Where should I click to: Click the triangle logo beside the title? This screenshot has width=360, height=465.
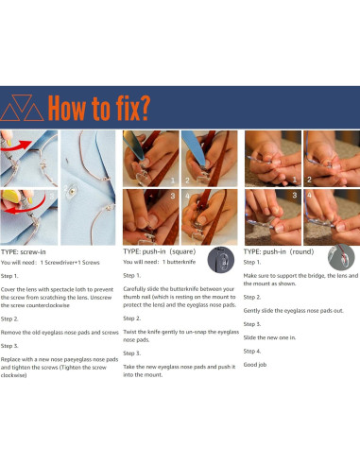[x=22, y=108]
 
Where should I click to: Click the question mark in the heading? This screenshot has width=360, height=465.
[x=145, y=108]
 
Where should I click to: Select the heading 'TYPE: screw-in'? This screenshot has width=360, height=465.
[x=24, y=252]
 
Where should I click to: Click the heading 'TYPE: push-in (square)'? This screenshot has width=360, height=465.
[x=160, y=251]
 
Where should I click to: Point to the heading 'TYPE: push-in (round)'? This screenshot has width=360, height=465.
[x=279, y=251]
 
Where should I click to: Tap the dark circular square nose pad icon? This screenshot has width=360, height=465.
[x=221, y=260]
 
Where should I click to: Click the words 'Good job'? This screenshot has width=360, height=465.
[x=255, y=365]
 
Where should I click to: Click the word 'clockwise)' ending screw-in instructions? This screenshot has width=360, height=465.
[x=13, y=375]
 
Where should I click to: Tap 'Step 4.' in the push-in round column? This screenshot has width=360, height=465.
[x=252, y=351]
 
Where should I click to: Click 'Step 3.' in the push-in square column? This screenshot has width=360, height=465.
[x=131, y=353]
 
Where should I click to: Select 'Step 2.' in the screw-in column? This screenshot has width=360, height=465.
[x=9, y=319]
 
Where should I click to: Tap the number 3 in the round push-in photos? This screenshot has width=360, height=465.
[x=295, y=195]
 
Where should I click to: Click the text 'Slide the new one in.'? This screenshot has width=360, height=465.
[x=269, y=337]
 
